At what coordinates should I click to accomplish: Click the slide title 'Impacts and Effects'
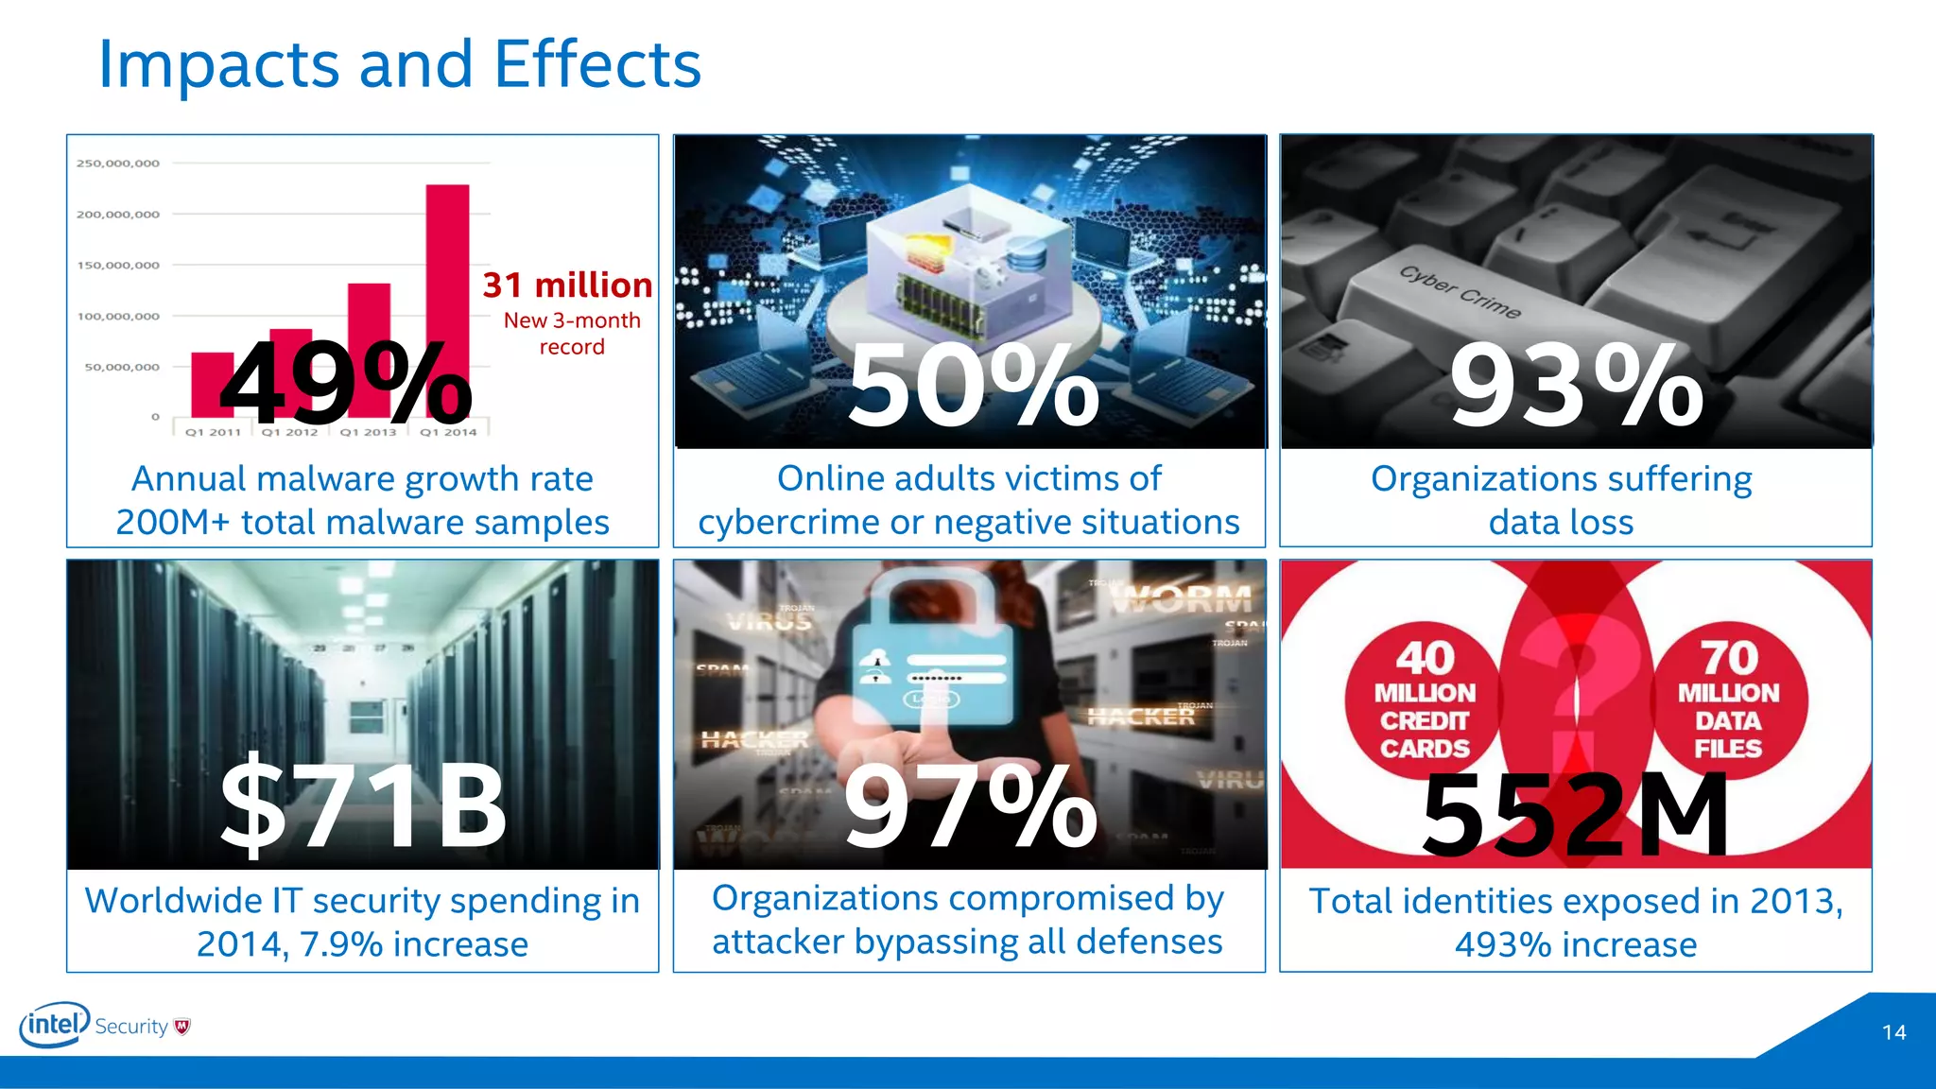pos(399,64)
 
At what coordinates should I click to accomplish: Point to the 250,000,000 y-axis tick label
pos(118,164)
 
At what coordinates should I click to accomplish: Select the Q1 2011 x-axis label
pos(213,432)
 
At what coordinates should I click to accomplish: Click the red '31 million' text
pos(567,285)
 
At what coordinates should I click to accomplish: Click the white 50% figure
pos(974,386)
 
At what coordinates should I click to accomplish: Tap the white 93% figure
pos(1577,386)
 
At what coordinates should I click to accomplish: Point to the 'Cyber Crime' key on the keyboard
pos(1461,291)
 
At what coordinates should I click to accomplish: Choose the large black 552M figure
pos(1575,813)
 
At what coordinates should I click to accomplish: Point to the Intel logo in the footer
pos(55,1025)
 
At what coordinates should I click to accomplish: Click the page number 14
pos(1893,1032)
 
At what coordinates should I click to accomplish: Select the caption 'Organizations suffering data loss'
pos(1561,500)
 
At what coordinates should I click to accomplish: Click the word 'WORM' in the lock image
pos(1182,599)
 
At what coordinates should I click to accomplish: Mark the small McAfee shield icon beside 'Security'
pos(182,1027)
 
